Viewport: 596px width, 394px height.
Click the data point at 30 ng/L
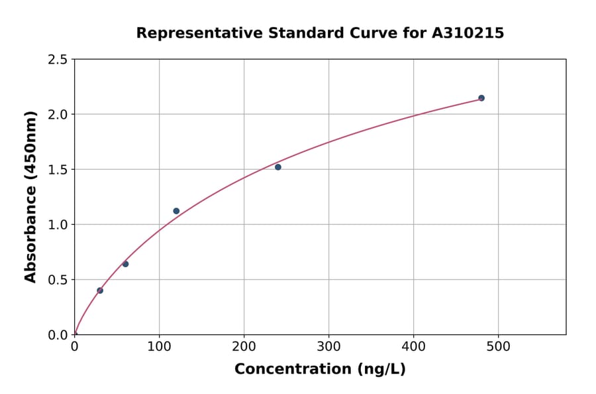(x=100, y=291)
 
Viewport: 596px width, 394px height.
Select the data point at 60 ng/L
(x=125, y=264)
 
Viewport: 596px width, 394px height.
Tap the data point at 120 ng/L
(x=176, y=211)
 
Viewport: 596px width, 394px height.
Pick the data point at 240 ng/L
(x=278, y=167)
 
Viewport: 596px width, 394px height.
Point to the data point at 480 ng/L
(x=481, y=98)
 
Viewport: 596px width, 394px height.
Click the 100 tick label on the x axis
(x=159, y=346)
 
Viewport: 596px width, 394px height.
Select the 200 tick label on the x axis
(x=244, y=346)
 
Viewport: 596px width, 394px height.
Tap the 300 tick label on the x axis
(x=328, y=346)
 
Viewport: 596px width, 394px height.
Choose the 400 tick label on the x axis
(x=413, y=346)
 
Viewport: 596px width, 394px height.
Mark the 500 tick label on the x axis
(x=498, y=346)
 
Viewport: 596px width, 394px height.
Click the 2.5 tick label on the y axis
(x=58, y=60)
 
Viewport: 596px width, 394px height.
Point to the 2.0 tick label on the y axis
(x=58, y=115)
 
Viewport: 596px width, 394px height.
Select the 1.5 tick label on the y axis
(x=58, y=170)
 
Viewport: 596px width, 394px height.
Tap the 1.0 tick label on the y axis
(x=58, y=225)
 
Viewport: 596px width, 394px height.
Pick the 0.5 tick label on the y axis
(x=58, y=280)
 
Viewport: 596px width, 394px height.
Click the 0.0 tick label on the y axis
(x=58, y=335)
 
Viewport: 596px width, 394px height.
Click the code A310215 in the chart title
(x=467, y=33)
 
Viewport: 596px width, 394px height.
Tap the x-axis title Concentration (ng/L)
(x=320, y=369)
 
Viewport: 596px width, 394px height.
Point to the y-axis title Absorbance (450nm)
(x=30, y=196)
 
